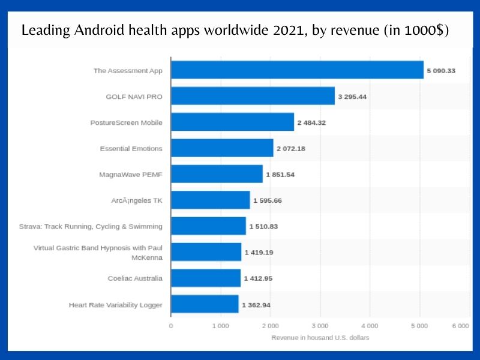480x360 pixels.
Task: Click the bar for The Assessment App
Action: tap(297, 70)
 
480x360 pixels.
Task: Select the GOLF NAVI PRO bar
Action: tap(253, 96)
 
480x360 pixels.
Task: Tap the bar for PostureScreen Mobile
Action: tap(232, 122)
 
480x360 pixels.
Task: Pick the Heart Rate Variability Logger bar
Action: tap(205, 305)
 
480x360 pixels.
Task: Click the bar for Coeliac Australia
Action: tap(206, 278)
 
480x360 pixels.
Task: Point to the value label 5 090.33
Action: tap(441, 71)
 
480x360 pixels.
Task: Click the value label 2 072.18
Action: tap(290, 148)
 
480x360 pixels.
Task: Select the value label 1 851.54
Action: tap(280, 175)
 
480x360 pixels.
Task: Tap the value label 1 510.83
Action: tap(263, 226)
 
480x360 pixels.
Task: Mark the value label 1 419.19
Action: tap(259, 253)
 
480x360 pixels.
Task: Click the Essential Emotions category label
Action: tap(131, 148)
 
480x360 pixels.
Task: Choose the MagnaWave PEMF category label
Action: tap(131, 175)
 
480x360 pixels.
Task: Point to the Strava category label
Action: tap(91, 226)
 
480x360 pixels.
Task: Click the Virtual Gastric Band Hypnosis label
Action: tap(98, 253)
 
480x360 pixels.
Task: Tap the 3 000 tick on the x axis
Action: tap(320, 326)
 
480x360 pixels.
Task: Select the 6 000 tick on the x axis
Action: tap(460, 326)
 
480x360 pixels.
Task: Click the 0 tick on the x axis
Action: tap(171, 326)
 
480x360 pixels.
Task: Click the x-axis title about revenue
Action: tap(320, 338)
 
